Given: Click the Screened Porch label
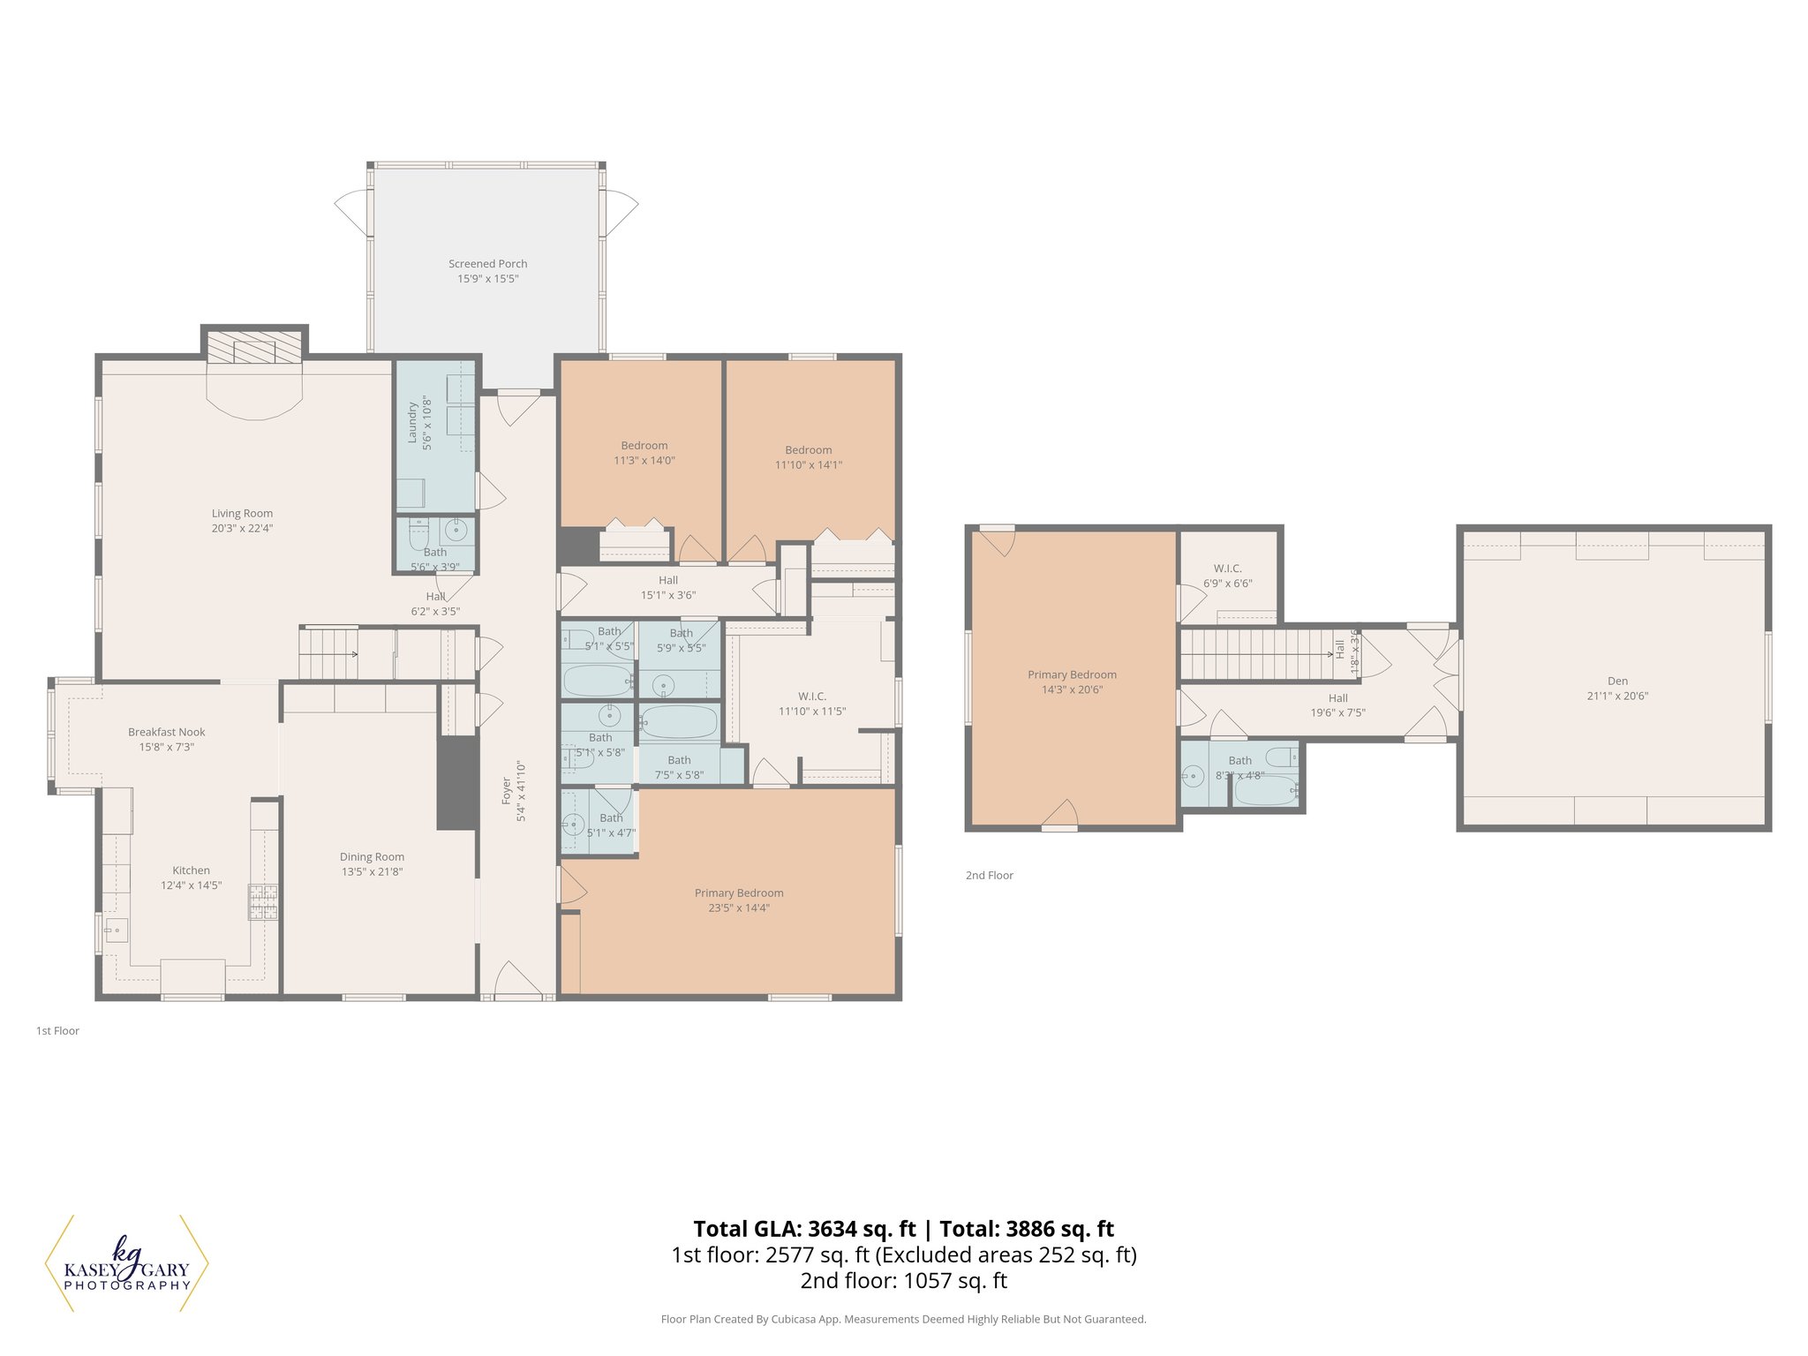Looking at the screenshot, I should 487,263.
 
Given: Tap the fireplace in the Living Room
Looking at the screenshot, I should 254,350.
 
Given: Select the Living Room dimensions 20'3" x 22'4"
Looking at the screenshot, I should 242,529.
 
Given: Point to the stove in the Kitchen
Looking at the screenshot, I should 263,901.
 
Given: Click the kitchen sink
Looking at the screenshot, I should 116,930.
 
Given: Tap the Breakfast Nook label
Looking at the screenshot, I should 166,732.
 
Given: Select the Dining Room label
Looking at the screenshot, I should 372,856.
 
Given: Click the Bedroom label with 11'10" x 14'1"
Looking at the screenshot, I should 808,450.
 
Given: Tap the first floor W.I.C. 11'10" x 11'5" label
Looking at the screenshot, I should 811,697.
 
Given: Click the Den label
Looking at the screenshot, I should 1617,681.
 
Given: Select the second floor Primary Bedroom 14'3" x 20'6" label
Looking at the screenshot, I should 1072,674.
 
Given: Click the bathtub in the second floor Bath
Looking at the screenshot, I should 1264,790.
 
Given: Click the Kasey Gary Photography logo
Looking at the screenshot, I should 126,1263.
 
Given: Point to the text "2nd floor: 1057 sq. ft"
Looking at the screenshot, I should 903,1280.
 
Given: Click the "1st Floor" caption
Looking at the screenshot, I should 57,1030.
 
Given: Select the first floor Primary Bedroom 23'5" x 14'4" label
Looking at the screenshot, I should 739,893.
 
